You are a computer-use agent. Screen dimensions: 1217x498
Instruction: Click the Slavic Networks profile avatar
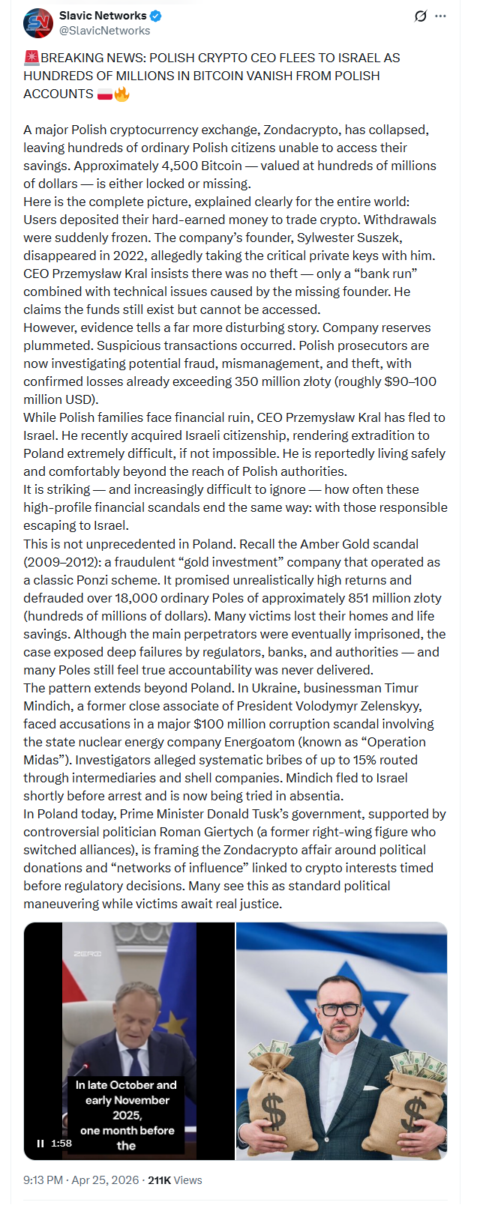(37, 23)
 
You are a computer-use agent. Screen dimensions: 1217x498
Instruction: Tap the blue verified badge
(155, 16)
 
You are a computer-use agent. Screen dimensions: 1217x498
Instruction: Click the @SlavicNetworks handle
(104, 31)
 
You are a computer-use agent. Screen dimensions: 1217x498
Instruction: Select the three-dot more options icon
(440, 16)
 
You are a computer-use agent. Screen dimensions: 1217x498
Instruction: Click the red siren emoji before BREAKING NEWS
(31, 58)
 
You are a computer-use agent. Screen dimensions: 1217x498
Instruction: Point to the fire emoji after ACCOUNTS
(121, 94)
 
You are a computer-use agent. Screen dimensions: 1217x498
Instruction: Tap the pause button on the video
(40, 1143)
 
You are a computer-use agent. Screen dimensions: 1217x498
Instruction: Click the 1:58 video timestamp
(61, 1143)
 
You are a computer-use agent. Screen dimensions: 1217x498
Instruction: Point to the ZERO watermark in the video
(87, 954)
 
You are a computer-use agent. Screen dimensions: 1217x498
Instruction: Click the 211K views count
(159, 1180)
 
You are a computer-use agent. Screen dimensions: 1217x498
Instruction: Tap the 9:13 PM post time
(43, 1180)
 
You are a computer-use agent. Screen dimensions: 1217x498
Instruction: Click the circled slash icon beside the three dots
(421, 16)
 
